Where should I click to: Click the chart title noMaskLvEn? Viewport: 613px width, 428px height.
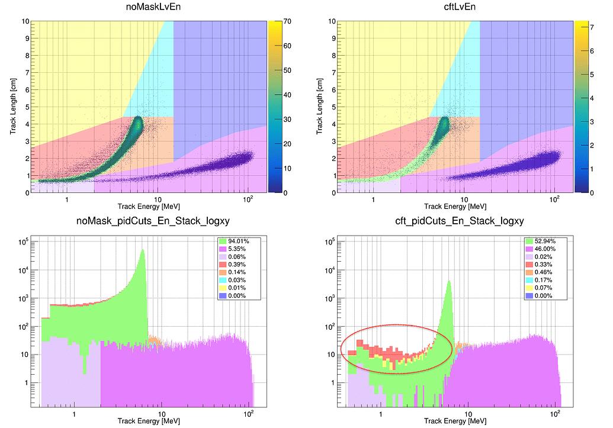click(x=149, y=8)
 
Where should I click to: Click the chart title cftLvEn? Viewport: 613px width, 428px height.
click(x=455, y=8)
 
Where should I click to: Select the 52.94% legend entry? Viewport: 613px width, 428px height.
click(x=540, y=241)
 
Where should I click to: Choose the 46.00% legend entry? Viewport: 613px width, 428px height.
click(x=540, y=249)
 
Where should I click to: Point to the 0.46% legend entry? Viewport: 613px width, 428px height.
click(x=540, y=272)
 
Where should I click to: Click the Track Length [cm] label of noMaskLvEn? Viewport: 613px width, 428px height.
click(x=14, y=107)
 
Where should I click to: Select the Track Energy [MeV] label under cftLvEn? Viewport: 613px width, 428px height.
click(x=455, y=207)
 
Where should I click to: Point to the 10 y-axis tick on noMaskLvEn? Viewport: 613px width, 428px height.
click(x=25, y=21)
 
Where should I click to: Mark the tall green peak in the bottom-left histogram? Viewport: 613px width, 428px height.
click(x=142, y=251)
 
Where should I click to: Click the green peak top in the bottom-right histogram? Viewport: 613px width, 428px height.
click(x=449, y=282)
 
